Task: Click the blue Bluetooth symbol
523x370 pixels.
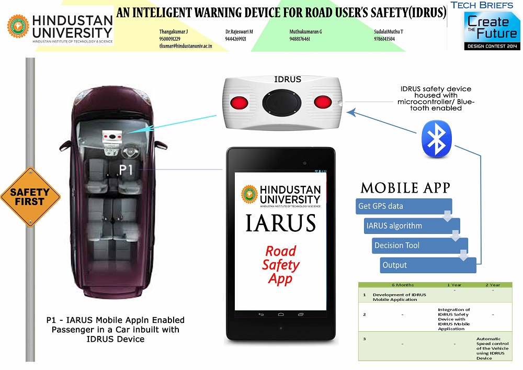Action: [x=437, y=139]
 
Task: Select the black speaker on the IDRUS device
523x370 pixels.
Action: [x=283, y=101]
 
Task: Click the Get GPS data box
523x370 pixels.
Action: [x=403, y=206]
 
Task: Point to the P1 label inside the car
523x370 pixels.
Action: [x=127, y=170]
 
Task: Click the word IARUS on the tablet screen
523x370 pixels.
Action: [x=281, y=223]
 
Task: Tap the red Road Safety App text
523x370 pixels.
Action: [x=280, y=265]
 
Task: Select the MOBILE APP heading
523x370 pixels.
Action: [x=405, y=188]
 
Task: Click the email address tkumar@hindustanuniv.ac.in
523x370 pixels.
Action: [x=189, y=47]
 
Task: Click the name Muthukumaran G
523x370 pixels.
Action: [x=306, y=32]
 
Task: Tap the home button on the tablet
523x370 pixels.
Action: [x=281, y=315]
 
